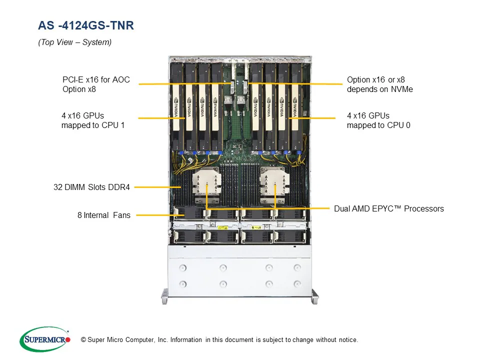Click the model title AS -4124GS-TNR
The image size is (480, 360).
(x=86, y=25)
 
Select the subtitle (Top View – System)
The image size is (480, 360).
(x=74, y=42)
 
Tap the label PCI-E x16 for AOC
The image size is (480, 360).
(x=96, y=79)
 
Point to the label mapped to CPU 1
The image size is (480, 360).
(x=92, y=125)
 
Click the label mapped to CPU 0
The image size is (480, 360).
(x=378, y=125)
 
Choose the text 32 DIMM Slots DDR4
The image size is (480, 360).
(x=91, y=187)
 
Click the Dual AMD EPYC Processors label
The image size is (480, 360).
(x=388, y=208)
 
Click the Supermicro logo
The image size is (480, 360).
(x=45, y=339)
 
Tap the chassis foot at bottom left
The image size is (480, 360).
(x=164, y=296)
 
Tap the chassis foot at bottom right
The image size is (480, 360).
(x=314, y=296)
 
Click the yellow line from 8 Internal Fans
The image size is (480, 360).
(x=155, y=215)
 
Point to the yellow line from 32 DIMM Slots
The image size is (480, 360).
(x=155, y=187)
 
